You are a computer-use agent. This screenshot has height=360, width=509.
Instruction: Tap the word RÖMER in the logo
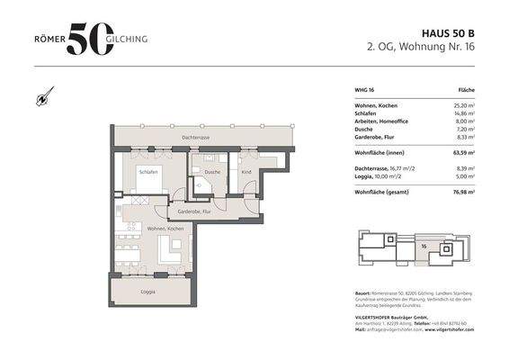[46, 39]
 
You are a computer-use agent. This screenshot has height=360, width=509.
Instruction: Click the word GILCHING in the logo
[132, 39]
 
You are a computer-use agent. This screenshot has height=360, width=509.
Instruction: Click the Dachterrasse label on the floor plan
[195, 138]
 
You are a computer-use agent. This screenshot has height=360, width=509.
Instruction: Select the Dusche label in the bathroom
[212, 171]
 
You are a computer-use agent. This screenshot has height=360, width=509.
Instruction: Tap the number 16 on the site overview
[423, 244]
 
